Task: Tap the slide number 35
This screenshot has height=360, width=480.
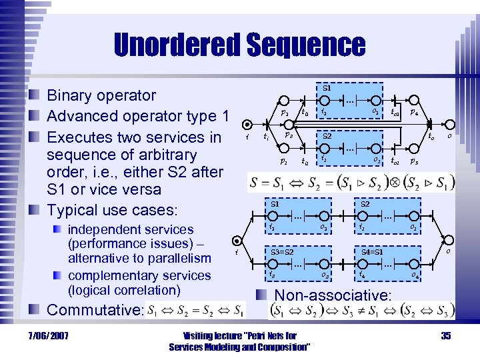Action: pos(446,335)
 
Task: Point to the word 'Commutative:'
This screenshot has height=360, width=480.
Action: pos(94,310)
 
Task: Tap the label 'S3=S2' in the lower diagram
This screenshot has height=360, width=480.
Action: pos(283,252)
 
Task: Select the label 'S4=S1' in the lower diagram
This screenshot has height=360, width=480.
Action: pos(371,252)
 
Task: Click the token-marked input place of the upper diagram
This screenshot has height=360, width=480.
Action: pos(247,124)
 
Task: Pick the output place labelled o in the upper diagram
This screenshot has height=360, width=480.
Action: pos(449,124)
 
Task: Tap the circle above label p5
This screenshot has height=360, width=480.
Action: pos(414,148)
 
